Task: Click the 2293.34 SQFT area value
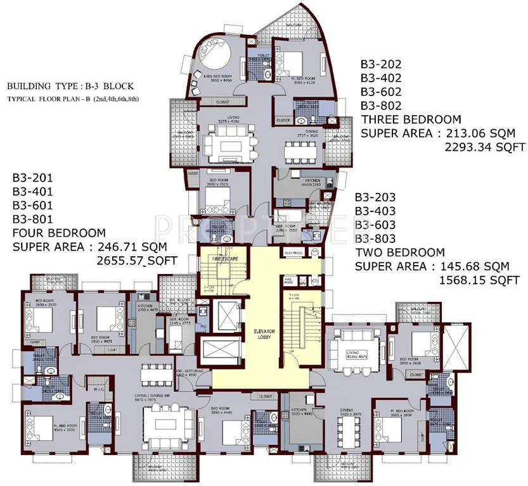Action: click(x=484, y=147)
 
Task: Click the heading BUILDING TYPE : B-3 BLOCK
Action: click(x=70, y=85)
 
